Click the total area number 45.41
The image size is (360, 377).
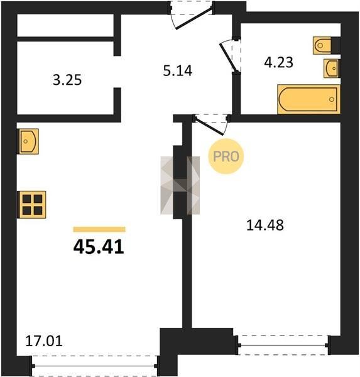[x=99, y=247]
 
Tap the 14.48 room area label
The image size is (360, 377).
[x=265, y=226]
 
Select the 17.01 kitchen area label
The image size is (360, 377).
[x=44, y=341]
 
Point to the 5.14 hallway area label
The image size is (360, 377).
[x=178, y=71]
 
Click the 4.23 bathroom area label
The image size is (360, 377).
[x=279, y=62]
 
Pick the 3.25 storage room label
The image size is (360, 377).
[x=67, y=80]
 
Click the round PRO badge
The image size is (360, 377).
[x=226, y=156]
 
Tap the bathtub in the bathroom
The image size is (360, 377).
[x=309, y=99]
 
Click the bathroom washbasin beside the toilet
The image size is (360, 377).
[x=332, y=68]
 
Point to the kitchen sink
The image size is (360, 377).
[x=28, y=141]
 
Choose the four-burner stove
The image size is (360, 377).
[x=32, y=205]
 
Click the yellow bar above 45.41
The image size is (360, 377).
[x=99, y=229]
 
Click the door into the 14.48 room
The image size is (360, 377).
[x=212, y=124]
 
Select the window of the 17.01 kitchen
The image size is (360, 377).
[x=95, y=366]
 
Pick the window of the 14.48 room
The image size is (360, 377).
[x=284, y=345]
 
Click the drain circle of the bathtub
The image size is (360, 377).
[x=332, y=99]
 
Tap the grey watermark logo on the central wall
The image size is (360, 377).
[x=180, y=185]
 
